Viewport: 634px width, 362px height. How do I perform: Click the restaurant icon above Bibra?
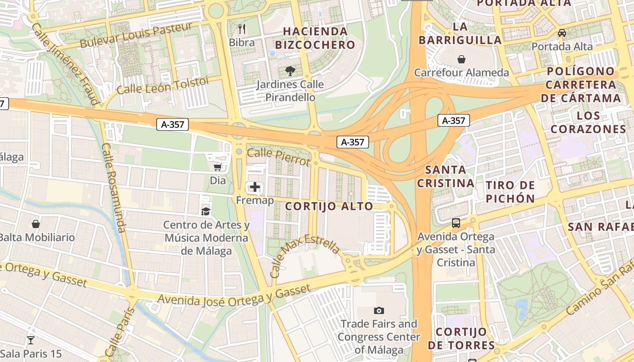[242, 29]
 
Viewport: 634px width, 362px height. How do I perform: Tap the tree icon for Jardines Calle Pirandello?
[290, 71]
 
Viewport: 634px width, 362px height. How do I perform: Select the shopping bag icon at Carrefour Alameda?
[461, 59]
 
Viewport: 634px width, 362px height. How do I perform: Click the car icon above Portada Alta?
[562, 33]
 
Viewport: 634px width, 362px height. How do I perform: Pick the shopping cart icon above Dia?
[217, 167]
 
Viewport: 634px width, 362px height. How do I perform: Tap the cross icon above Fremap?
[255, 186]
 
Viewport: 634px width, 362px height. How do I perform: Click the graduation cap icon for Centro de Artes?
[206, 211]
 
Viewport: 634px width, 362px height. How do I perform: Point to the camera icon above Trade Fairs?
[379, 310]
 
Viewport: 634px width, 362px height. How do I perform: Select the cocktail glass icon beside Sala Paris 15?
[31, 340]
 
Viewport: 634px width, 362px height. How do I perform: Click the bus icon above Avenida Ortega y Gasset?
[456, 223]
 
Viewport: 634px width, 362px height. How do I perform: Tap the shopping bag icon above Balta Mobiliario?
[36, 224]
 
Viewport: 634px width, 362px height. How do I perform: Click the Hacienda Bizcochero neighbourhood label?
[315, 38]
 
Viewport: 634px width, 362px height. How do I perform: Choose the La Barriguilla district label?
[460, 33]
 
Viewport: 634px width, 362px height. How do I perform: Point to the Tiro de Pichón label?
[510, 191]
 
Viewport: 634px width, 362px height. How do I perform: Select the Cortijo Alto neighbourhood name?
[329, 206]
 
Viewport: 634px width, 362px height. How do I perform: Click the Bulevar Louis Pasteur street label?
[136, 36]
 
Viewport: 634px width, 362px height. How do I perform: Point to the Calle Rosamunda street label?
[114, 188]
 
